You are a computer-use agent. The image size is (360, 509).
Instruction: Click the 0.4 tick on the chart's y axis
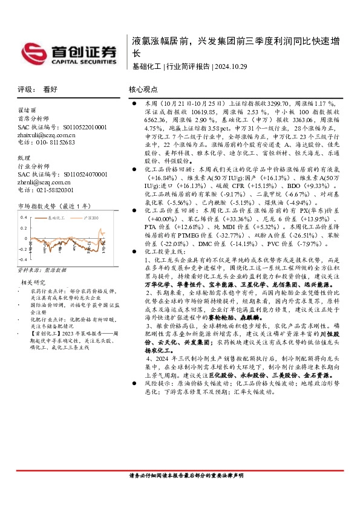click(x=24, y=216)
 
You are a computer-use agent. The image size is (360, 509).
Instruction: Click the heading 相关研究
click(x=33, y=282)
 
